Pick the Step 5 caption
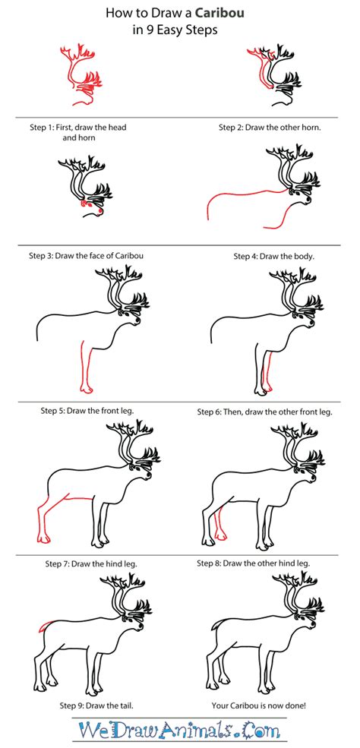87,411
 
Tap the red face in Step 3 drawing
85,204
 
